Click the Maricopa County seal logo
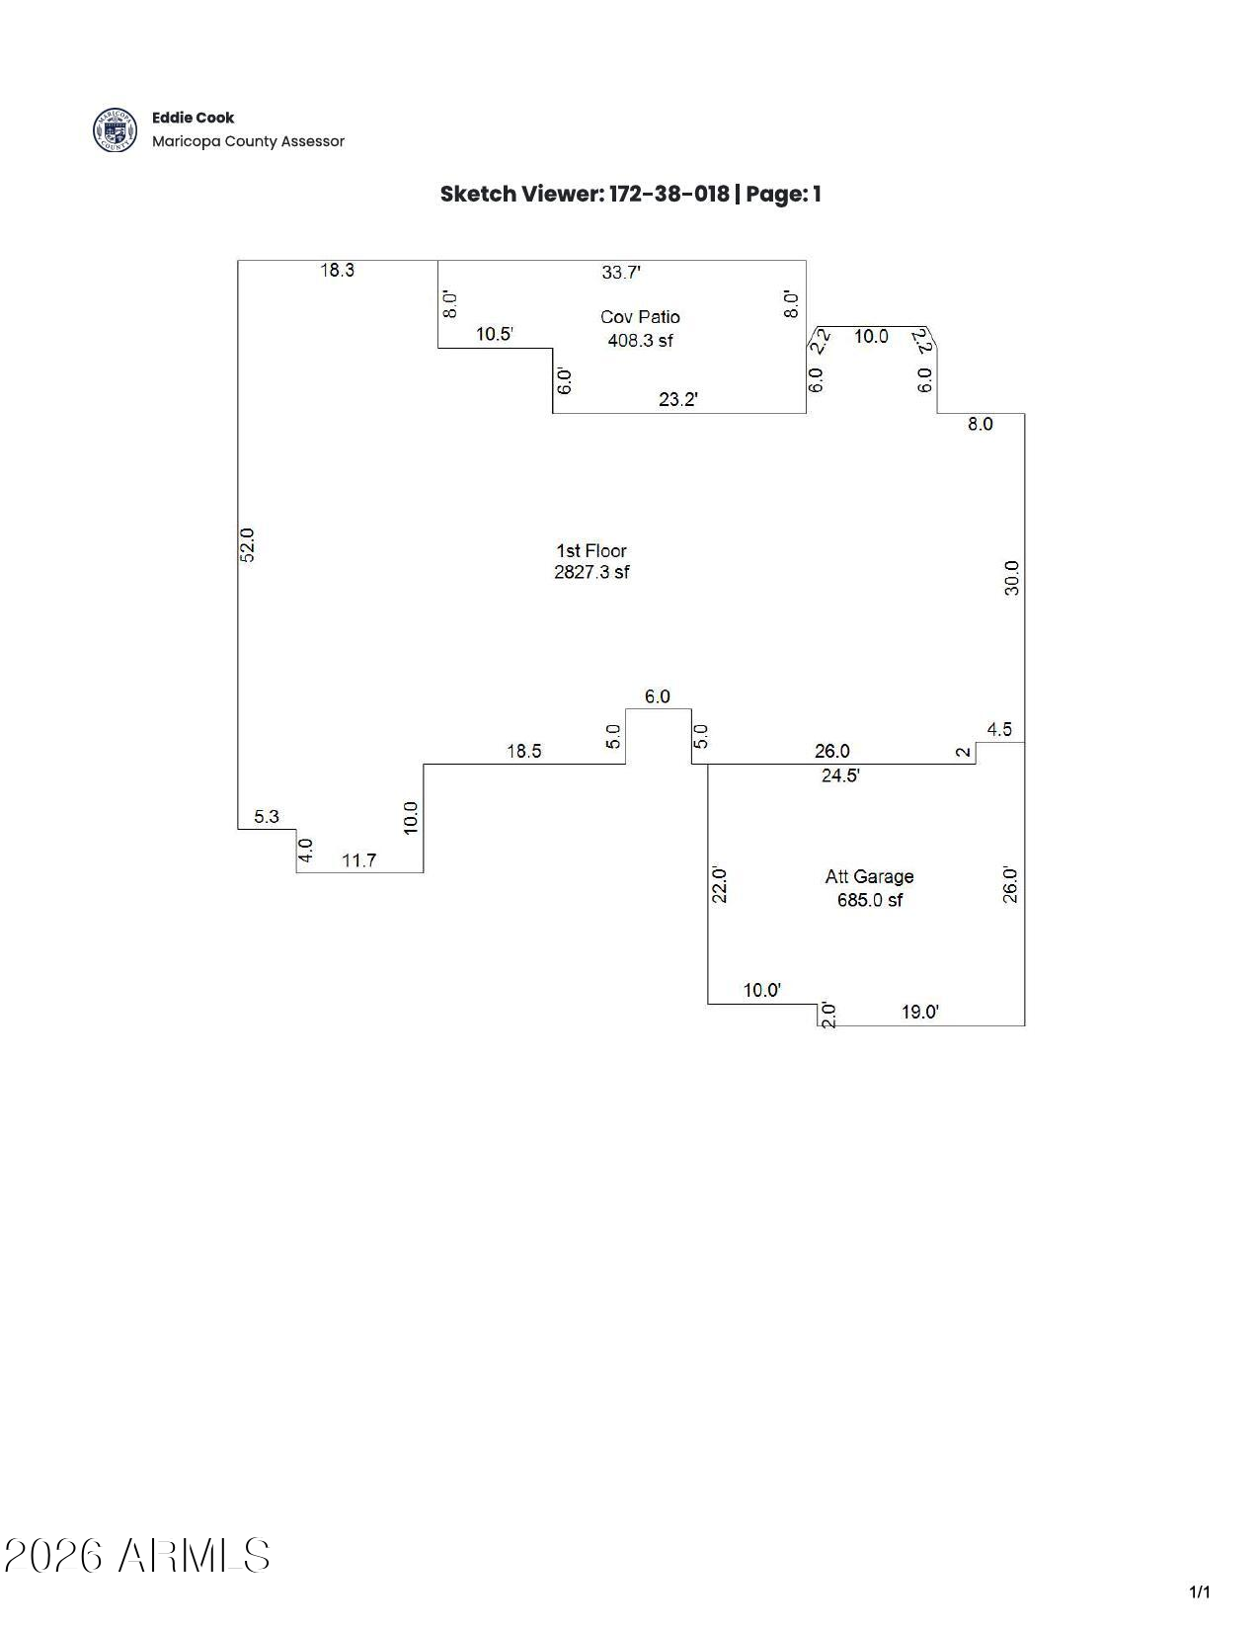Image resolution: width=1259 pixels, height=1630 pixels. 115,130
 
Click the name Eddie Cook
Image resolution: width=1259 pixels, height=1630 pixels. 193,118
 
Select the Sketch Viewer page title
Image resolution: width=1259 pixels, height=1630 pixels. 630,194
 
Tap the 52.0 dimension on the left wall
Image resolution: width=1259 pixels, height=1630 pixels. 248,545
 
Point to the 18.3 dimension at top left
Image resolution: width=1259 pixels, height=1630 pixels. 337,271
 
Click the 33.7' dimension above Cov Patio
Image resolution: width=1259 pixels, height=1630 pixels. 621,273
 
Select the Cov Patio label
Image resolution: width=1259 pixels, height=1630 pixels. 640,317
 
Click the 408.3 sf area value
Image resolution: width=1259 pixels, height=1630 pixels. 640,341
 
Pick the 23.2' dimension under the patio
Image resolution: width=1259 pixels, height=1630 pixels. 678,400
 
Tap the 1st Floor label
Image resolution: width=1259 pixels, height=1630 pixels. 591,551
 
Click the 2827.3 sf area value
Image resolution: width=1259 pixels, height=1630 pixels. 591,572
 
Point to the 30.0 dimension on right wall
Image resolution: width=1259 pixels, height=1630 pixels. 1011,578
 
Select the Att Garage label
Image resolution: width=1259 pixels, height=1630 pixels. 869,877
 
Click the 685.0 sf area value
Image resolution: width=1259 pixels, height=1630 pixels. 869,900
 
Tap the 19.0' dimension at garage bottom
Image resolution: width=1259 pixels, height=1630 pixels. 919,1013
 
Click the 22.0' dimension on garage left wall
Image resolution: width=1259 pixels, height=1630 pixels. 720,885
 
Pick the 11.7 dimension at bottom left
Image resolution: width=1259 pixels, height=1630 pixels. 358,860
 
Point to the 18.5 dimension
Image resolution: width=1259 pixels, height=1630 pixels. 523,752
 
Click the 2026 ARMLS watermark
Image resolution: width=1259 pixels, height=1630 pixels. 137,1556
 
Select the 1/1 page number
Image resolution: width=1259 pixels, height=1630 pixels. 1199,1591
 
